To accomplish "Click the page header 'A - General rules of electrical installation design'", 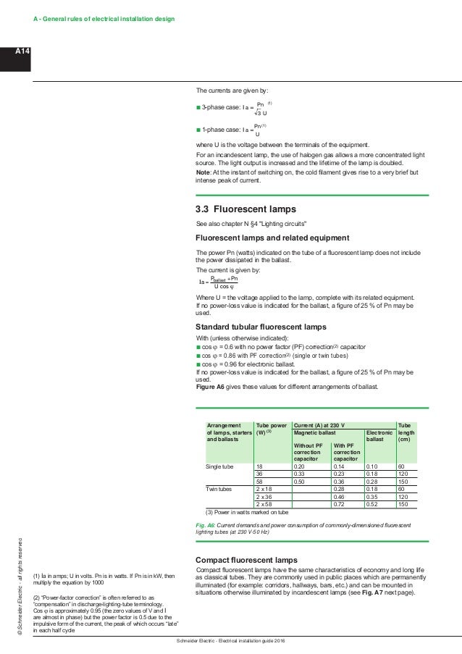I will click(x=104, y=17).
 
